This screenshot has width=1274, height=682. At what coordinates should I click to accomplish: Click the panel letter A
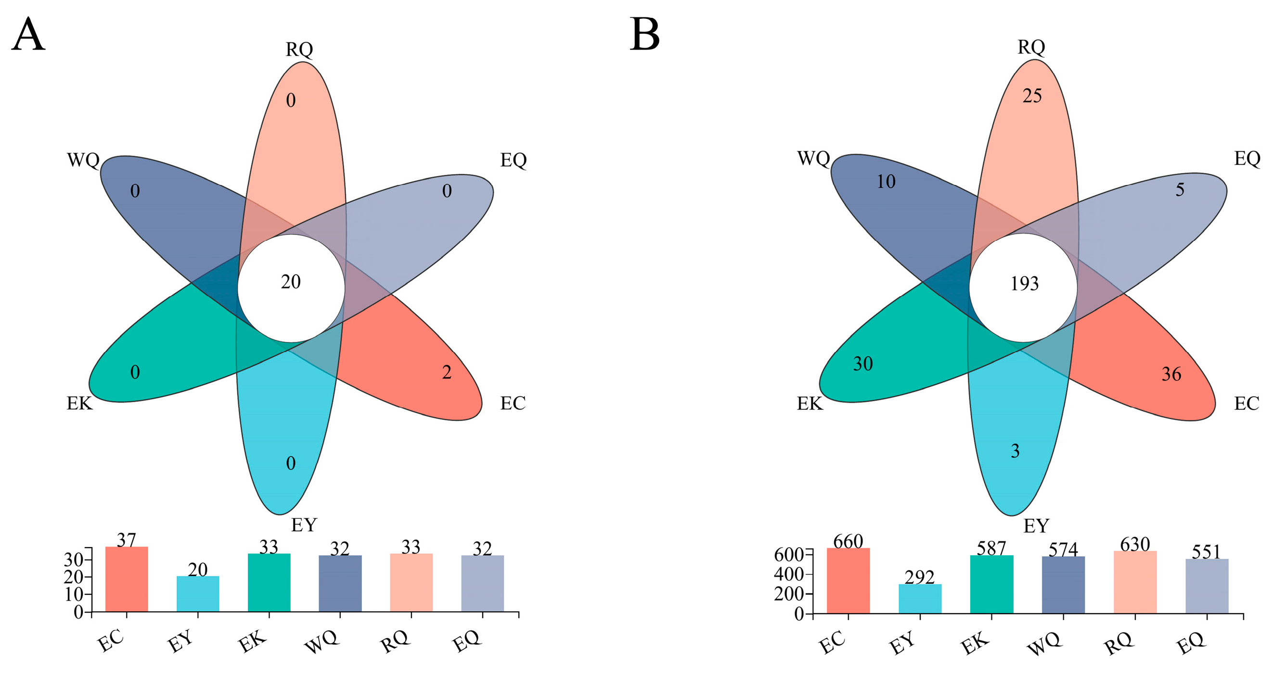(x=28, y=34)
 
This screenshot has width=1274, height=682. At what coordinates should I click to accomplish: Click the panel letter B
(x=644, y=34)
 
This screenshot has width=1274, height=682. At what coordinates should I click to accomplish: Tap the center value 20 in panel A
(x=291, y=282)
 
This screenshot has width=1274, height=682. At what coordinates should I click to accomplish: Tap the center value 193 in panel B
(x=1024, y=284)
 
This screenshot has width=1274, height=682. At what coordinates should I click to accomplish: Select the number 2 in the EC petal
(x=447, y=372)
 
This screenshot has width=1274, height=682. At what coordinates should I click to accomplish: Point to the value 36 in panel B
(x=1171, y=374)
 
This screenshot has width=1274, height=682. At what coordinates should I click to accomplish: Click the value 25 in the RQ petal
(x=1032, y=96)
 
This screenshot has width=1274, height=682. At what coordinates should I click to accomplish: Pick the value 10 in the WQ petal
(x=886, y=182)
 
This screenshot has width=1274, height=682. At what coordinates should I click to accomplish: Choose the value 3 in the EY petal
(x=1015, y=451)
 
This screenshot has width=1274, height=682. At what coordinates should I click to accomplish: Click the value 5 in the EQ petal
(x=1180, y=190)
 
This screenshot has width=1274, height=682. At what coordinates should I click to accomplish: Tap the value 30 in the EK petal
(x=862, y=364)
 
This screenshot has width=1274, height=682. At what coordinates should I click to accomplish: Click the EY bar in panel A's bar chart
(x=198, y=594)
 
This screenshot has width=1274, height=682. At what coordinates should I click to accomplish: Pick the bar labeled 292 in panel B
(x=920, y=598)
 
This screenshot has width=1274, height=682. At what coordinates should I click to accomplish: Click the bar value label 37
(x=126, y=539)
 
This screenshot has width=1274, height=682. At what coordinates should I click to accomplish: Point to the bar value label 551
(x=1206, y=552)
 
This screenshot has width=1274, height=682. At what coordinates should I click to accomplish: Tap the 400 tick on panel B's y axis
(x=788, y=574)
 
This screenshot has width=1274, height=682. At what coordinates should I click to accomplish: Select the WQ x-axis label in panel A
(x=322, y=642)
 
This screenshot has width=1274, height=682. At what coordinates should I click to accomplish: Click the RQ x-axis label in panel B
(x=1118, y=643)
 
